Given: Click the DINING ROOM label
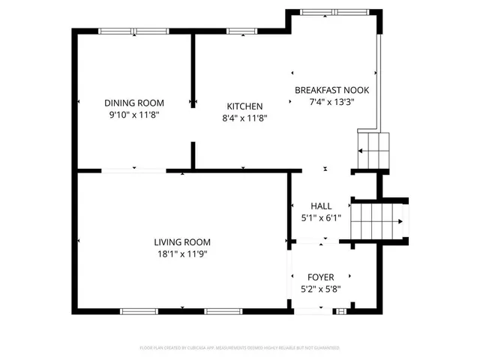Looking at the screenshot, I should coord(134,103).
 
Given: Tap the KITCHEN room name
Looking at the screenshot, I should coord(244,106).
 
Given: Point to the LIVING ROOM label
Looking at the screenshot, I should coord(182,242).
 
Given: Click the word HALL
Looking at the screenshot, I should coord(321,205).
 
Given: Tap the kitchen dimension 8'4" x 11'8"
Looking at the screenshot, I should coord(244,118).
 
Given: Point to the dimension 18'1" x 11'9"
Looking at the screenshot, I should coord(182,254).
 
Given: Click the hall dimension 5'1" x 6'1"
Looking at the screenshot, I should coord(321,217).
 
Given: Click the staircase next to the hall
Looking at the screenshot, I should coord(379,221).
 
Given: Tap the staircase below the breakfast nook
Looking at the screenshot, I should coord(374,150).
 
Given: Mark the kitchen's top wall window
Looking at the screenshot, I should coord(240,31).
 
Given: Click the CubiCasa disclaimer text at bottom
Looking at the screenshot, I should coord(240,348).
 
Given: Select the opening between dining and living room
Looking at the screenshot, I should coord(133,172).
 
